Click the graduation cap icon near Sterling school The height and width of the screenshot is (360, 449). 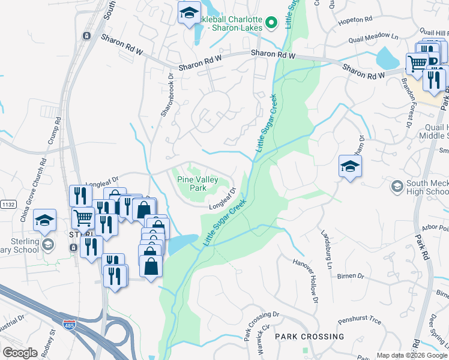tap(44, 221)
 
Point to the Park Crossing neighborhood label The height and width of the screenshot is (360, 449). tap(303, 337)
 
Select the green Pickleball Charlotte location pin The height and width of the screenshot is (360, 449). tap(272, 23)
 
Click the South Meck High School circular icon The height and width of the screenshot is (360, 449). tap(396, 187)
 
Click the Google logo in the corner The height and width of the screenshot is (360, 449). tap(20, 352)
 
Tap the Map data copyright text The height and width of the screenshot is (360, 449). tap(412, 355)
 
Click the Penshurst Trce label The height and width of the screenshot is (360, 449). tap(360, 321)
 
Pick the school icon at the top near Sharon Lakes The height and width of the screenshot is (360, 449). tap(189, 13)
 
